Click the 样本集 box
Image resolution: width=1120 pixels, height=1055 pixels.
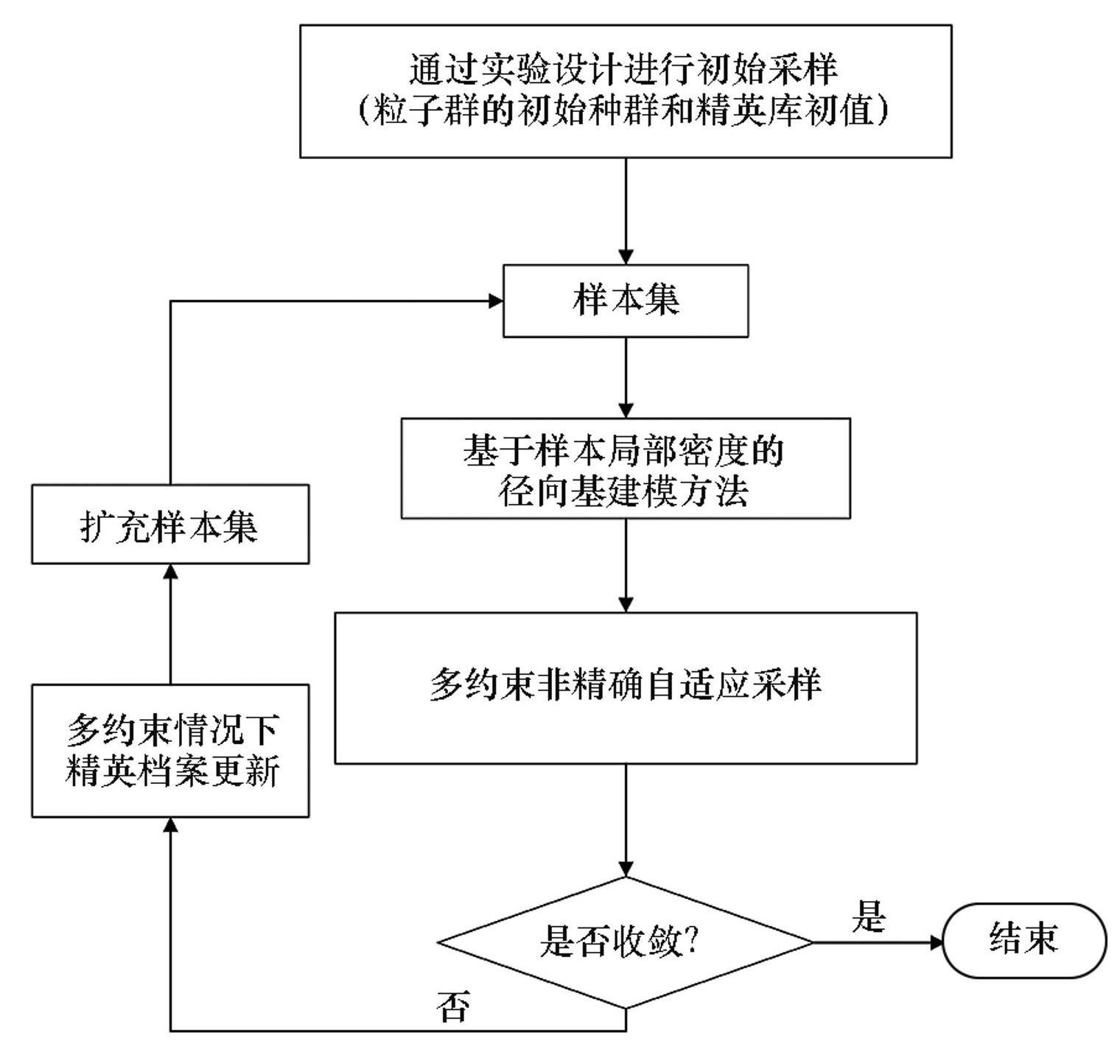(626, 301)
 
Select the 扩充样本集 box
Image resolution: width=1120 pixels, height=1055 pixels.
(169, 525)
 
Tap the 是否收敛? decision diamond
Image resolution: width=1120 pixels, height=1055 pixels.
(626, 942)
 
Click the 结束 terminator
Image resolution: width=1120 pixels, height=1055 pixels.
(1024, 940)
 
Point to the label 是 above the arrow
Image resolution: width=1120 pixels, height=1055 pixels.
(869, 916)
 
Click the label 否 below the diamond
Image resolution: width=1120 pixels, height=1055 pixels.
(452, 1006)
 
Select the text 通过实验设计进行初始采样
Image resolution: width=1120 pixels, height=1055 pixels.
(624, 70)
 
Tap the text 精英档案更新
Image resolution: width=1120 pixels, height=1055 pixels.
(171, 771)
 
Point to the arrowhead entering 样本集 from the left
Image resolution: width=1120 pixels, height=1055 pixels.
(495, 301)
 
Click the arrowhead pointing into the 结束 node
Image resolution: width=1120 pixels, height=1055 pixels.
(936, 942)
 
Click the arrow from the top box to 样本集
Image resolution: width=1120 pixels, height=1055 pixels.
(626, 211)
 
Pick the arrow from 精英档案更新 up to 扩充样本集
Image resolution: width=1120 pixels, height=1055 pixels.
(170, 623)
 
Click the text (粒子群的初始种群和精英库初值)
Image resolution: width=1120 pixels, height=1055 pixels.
(624, 111)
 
